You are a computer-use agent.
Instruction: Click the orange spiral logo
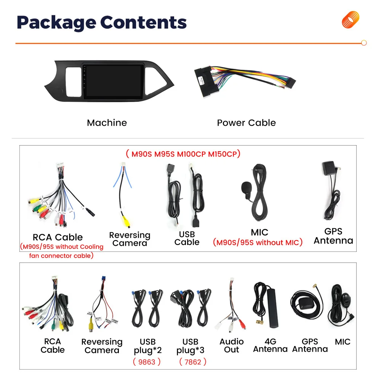[351, 19]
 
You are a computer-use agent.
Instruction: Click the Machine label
[107, 123]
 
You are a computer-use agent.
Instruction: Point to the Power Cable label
[246, 123]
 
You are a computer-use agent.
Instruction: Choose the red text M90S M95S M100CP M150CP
[183, 154]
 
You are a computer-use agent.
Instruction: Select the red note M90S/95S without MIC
[258, 242]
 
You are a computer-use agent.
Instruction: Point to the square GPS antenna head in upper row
[328, 168]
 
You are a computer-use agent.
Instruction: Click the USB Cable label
[187, 238]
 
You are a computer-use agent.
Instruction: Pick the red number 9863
[147, 362]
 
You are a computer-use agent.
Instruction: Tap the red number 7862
[192, 362]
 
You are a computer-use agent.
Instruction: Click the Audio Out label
[231, 346]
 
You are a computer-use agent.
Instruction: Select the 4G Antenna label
[270, 346]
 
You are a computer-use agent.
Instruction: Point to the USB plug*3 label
[190, 346]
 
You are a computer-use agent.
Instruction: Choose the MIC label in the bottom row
[343, 342]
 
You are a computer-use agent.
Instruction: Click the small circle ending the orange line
[364, 43]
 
